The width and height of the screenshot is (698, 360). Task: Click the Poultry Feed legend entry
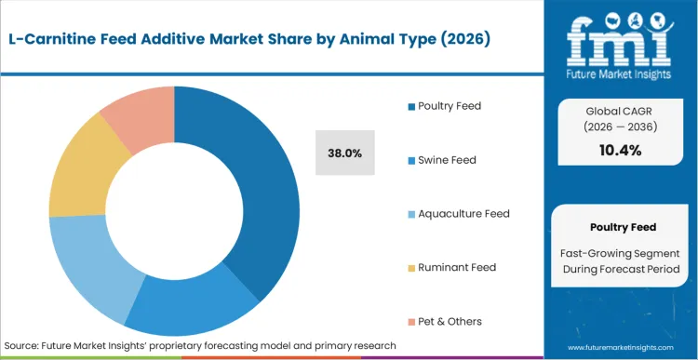448,106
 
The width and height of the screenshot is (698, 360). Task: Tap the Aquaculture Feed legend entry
458,214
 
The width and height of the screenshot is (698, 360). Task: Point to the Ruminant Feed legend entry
450,268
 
